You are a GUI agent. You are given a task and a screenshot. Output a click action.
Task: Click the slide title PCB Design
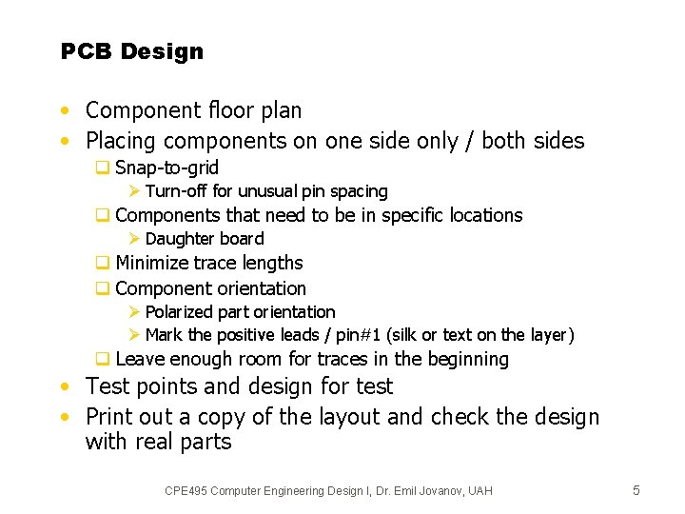tap(132, 51)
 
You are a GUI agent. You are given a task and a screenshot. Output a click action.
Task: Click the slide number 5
tap(636, 490)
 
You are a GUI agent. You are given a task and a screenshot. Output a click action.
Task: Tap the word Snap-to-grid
tap(166, 168)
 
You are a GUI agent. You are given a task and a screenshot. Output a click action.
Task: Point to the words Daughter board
tap(205, 239)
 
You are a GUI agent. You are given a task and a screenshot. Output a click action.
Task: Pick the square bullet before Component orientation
tap(101, 288)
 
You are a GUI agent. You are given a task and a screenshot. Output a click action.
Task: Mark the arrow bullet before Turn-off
tap(134, 191)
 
